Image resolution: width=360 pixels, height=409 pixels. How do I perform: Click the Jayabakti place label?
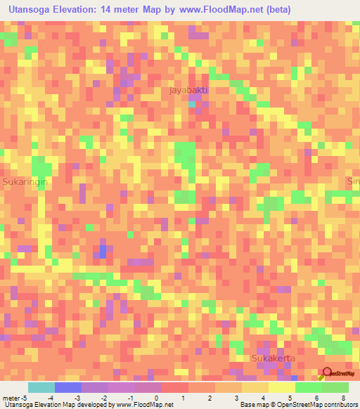click(188, 91)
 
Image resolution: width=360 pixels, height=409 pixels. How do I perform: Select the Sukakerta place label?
click(273, 358)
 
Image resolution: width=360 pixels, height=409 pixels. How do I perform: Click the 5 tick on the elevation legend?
click(290, 397)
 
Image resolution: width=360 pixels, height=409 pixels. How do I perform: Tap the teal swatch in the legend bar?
click(41, 387)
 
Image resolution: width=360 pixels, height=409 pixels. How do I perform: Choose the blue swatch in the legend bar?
click(67, 387)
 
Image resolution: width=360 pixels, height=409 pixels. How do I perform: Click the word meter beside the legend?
click(12, 397)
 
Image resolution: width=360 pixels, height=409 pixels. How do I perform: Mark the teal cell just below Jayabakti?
click(192, 104)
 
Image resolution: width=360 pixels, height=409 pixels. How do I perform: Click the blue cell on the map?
click(103, 251)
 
